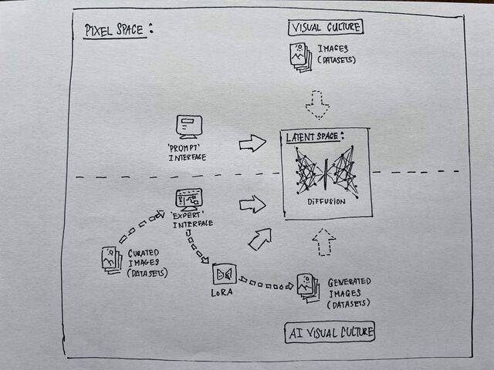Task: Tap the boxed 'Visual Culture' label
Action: point(326,29)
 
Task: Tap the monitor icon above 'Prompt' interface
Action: point(188,126)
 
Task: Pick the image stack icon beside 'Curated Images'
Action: point(110,258)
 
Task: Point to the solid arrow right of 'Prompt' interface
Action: point(252,143)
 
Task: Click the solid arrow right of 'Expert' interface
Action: point(252,203)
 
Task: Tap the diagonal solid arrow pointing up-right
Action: point(259,237)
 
